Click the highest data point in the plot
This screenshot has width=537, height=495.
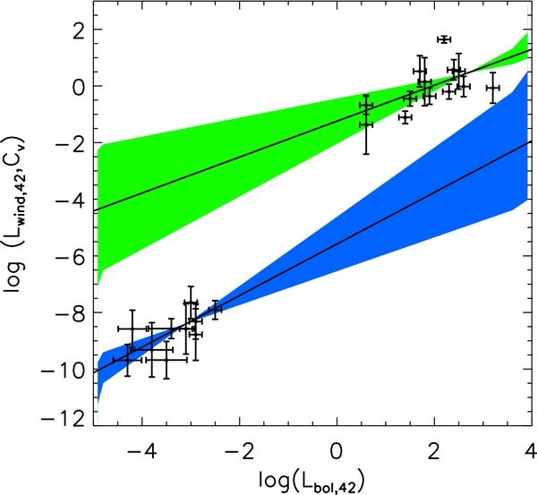[444, 39]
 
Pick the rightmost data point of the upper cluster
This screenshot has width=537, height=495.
[493, 88]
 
